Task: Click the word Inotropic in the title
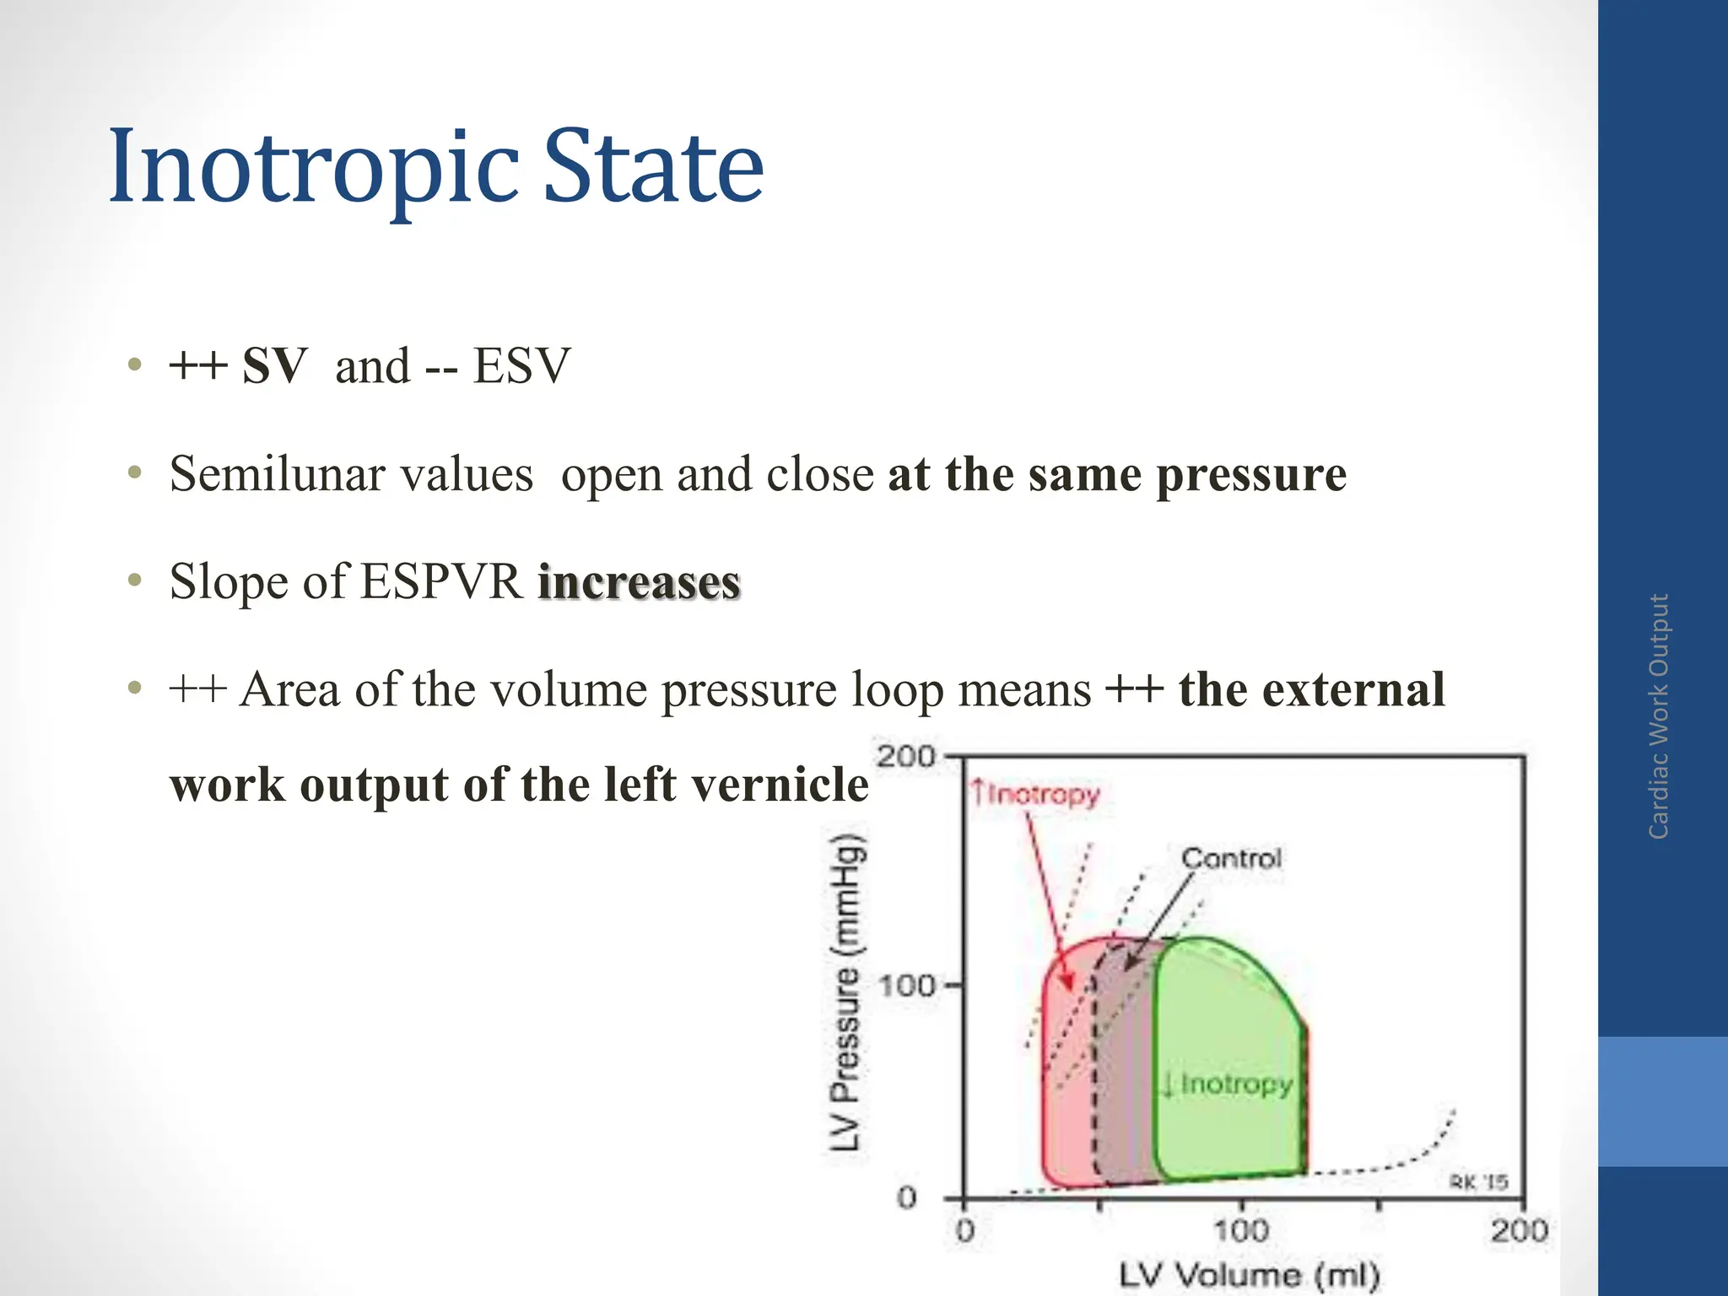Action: point(313,167)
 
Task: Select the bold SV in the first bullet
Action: point(274,366)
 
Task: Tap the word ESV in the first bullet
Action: point(521,366)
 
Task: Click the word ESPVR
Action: point(442,582)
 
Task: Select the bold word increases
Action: point(640,582)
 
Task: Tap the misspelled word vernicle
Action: point(780,785)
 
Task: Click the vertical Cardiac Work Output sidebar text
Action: point(1659,716)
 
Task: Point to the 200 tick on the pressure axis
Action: point(906,756)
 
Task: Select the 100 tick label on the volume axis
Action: point(1241,1231)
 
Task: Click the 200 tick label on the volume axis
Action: point(1519,1231)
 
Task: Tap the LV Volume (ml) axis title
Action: point(1250,1275)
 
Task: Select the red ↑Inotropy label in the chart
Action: point(1035,794)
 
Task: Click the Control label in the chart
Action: point(1231,859)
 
